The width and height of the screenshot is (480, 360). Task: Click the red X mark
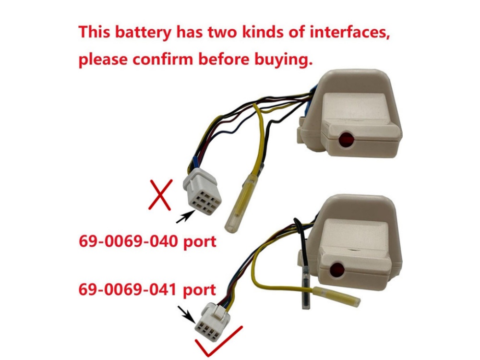click(160, 195)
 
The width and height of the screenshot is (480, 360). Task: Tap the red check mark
click(218, 341)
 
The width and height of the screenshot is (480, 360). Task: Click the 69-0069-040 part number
click(128, 241)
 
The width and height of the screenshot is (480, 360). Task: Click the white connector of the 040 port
click(202, 191)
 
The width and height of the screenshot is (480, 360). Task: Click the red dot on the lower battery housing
click(337, 269)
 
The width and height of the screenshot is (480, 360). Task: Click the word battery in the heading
click(143, 32)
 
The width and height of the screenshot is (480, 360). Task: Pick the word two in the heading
click(222, 32)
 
